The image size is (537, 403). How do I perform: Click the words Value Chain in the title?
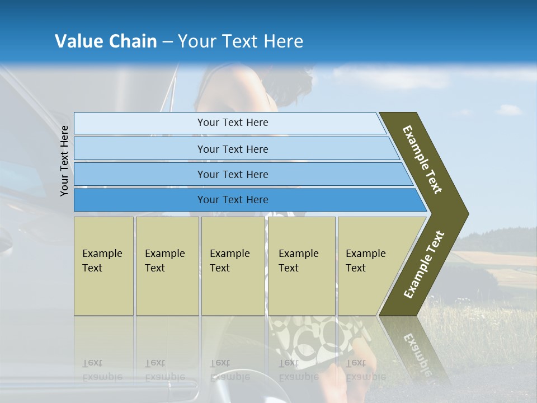click(106, 41)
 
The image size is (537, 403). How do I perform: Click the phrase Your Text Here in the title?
click(241, 41)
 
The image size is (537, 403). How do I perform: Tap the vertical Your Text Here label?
click(64, 161)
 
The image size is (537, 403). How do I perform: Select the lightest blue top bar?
click(232, 123)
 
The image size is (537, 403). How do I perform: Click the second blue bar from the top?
click(232, 149)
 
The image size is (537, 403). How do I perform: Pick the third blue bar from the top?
click(232, 174)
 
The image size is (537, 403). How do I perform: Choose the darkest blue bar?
click(232, 200)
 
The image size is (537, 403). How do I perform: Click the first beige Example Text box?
click(103, 266)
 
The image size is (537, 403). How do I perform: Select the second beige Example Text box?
click(167, 266)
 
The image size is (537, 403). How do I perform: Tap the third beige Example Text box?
click(233, 266)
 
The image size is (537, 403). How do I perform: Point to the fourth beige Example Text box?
click(301, 266)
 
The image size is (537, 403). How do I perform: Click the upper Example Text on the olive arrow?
click(422, 159)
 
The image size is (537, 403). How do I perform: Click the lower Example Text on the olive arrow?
click(424, 264)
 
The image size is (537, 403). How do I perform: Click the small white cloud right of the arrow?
click(508, 110)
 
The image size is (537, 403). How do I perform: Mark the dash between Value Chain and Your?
click(167, 42)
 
